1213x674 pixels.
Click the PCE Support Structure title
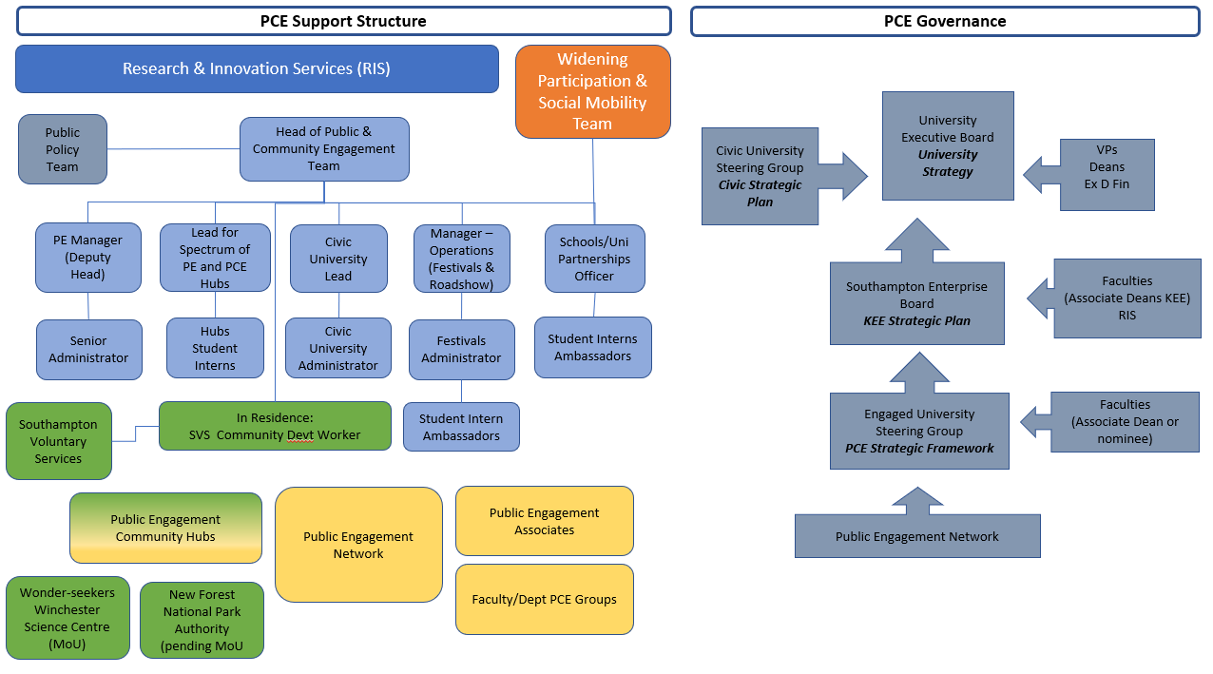pyautogui.click(x=343, y=21)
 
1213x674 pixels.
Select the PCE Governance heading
pyautogui.click(x=944, y=21)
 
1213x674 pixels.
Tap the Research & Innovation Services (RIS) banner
pyautogui.click(x=257, y=68)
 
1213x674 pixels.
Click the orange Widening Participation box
pyautogui.click(x=592, y=91)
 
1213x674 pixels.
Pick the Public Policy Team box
pyautogui.click(x=63, y=149)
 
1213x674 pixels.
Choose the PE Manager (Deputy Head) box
pyautogui.click(x=87, y=258)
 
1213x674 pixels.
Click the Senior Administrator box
pyautogui.click(x=88, y=349)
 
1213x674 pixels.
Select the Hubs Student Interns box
pyautogui.click(x=215, y=348)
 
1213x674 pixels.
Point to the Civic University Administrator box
pyautogui.click(x=337, y=348)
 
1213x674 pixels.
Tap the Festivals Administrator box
pyautogui.click(x=461, y=349)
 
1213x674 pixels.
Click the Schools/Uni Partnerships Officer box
pyautogui.click(x=594, y=259)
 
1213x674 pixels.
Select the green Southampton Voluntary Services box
pyautogui.click(x=58, y=441)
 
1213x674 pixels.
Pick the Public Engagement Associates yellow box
pyautogui.click(x=544, y=521)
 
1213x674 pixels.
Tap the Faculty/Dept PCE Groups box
pyautogui.click(x=544, y=599)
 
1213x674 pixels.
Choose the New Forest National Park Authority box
pyautogui.click(x=202, y=620)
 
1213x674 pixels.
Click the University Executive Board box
pyautogui.click(x=948, y=145)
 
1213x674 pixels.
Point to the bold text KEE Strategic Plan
pyautogui.click(x=916, y=320)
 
